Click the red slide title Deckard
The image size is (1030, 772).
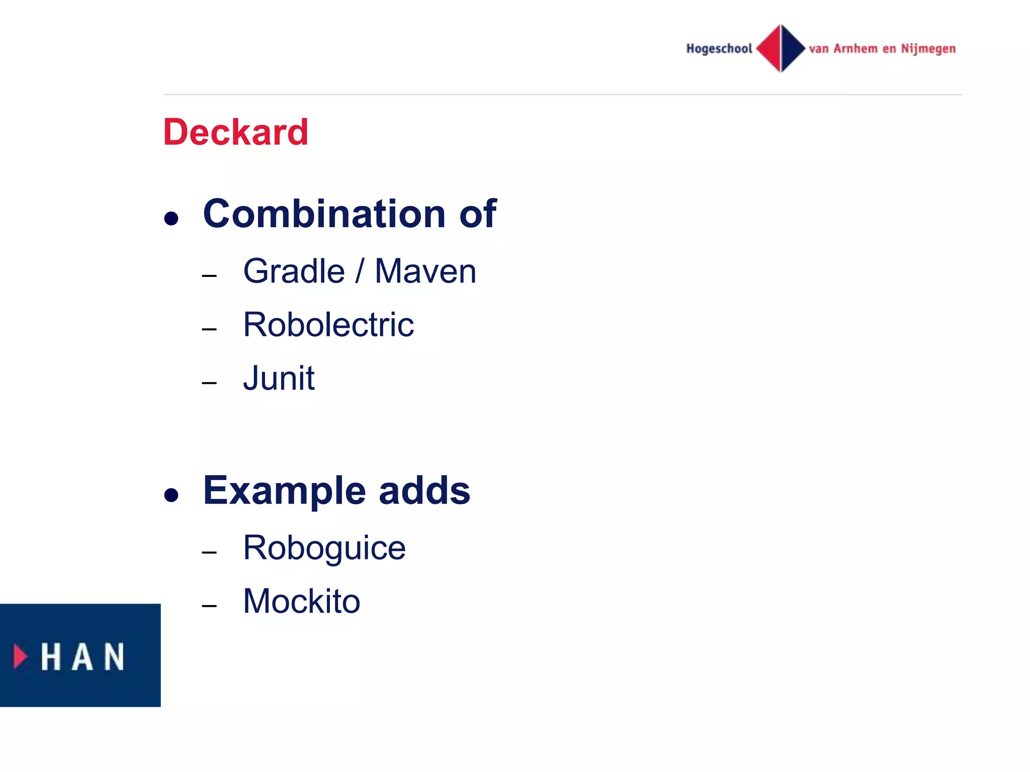click(235, 132)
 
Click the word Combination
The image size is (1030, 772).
click(324, 214)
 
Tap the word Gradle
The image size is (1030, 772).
click(294, 271)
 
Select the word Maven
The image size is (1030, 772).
click(425, 271)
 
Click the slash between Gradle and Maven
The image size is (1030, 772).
click(359, 271)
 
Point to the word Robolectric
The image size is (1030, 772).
click(328, 325)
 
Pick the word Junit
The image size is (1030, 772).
click(279, 378)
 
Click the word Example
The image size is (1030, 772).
click(284, 491)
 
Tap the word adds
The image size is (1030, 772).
click(424, 491)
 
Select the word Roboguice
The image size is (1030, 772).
click(324, 548)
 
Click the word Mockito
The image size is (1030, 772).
click(301, 601)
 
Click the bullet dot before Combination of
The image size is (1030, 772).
click(171, 219)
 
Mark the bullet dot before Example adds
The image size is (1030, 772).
click(171, 496)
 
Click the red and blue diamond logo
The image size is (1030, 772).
click(781, 48)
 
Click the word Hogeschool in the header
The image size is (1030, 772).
click(719, 49)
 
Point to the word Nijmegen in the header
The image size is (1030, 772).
click(928, 49)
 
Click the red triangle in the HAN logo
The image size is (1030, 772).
click(20, 656)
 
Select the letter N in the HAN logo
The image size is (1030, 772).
click(114, 657)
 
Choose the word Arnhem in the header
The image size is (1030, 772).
click(855, 49)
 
